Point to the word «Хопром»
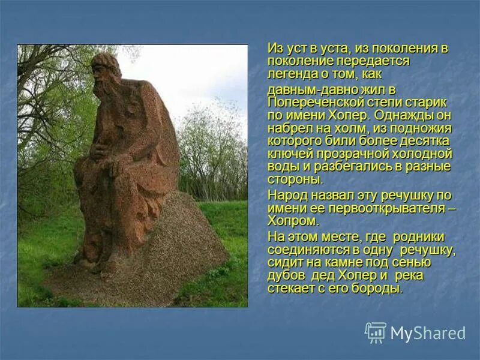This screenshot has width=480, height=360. click(291, 221)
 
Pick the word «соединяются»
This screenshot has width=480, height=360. click(305, 250)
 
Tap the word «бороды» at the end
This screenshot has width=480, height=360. click(380, 289)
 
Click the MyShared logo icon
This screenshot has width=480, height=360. click(376, 332)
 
